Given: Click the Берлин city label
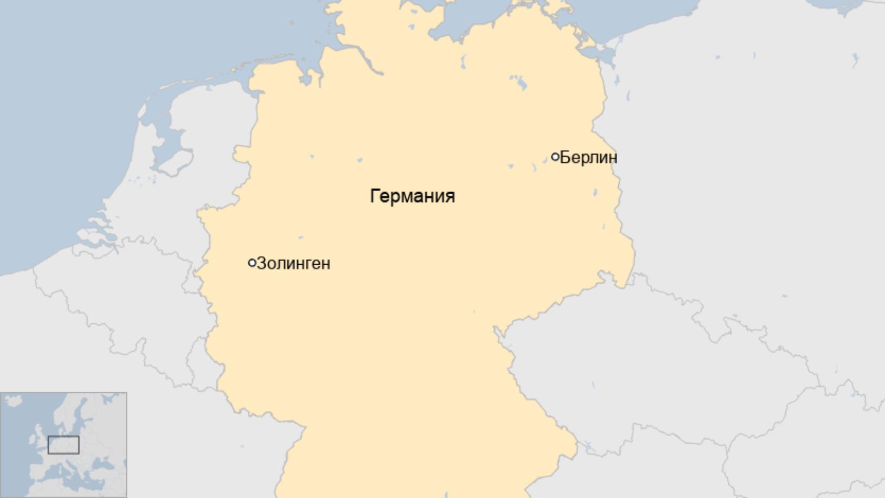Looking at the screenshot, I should [x=588, y=157].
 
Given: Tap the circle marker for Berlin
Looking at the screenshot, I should [x=555, y=157].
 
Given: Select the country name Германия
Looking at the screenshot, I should [x=412, y=196].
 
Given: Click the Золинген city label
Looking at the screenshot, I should [x=293, y=263].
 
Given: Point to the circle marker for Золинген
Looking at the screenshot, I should [x=252, y=263].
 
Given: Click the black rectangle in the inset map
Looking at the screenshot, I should [x=63, y=445].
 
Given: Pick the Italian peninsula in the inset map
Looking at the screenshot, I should [x=70, y=477].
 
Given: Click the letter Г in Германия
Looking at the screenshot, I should [x=374, y=196].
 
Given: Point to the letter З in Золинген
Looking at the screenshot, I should [x=261, y=263].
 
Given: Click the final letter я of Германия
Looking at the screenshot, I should [x=450, y=196].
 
